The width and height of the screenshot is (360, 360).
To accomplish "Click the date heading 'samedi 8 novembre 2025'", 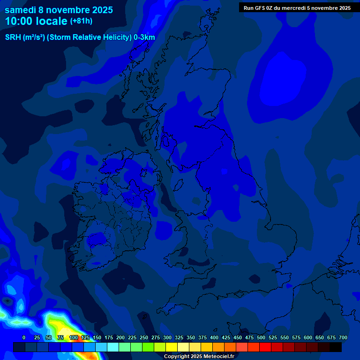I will [x=59, y=10].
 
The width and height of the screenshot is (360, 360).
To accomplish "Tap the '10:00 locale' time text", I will [x=36, y=21].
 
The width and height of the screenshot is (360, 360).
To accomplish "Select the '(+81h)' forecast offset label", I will [x=81, y=21].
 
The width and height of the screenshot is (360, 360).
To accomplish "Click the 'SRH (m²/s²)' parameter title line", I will [x=80, y=37].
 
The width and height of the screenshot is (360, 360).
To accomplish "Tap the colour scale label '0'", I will [x=24, y=337].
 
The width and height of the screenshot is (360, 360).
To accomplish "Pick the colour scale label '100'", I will [x=74, y=337].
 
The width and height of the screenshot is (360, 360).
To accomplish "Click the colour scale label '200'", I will [x=120, y=337].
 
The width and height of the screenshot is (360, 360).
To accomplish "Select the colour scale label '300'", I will [x=167, y=337].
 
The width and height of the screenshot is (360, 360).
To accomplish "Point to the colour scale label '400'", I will [x=214, y=337].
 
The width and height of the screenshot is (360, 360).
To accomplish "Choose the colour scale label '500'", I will [x=261, y=337].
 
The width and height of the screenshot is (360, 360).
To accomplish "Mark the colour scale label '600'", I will [x=308, y=337].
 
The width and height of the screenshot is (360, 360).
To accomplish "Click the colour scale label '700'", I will [x=343, y=337].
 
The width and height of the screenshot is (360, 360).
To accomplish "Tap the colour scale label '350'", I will [x=191, y=337].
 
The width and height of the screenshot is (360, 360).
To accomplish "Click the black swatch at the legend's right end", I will [x=336, y=347].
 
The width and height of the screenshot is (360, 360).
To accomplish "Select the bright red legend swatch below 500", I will [x=265, y=347].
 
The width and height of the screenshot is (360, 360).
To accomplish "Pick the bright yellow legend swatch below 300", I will [x=172, y=347].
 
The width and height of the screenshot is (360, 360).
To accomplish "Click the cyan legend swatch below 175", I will [x=113, y=347].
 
